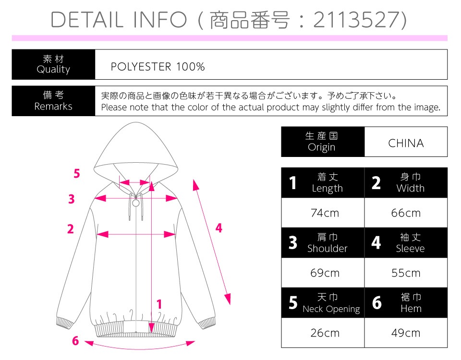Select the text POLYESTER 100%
point(158,67)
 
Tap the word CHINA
point(406,143)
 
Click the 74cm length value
point(325,213)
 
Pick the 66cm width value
point(406,213)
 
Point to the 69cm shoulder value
point(325,273)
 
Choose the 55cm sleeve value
point(406,273)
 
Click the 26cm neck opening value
point(325,333)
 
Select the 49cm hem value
point(406,333)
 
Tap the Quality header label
point(53,70)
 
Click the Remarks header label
point(53,106)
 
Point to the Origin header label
point(321,147)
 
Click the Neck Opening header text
point(331,309)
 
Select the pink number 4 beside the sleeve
point(219,228)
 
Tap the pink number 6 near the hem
point(75,341)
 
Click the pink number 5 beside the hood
point(77,173)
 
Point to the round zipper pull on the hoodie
point(136,203)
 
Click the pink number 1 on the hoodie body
point(159,304)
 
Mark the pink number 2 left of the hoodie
point(71,229)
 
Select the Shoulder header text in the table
point(327,249)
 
